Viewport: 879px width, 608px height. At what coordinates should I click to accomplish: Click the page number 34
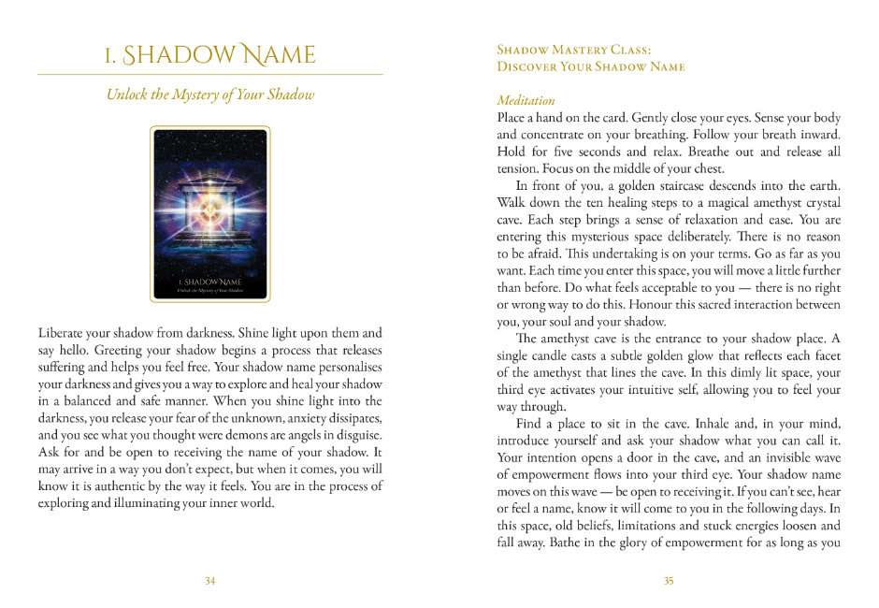pos(209,581)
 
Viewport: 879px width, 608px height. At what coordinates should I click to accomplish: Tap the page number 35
pos(669,581)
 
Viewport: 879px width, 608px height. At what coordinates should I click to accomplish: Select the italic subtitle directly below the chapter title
pos(209,94)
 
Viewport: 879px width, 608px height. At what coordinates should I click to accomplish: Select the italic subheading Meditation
pos(526,100)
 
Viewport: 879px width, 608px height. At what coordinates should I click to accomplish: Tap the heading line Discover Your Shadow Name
pos(591,66)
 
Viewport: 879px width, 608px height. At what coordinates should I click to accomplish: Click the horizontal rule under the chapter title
pos(209,75)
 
